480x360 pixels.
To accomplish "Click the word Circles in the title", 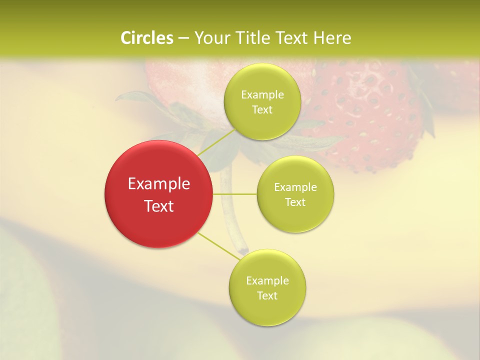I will [x=147, y=38].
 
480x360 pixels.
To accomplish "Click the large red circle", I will [x=159, y=194].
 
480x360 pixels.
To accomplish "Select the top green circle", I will [x=262, y=101].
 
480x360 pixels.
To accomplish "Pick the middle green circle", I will [x=295, y=194].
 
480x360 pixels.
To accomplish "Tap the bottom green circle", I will [x=267, y=287].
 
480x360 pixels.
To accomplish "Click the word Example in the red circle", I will [x=159, y=184].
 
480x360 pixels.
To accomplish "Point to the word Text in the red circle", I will [x=159, y=206].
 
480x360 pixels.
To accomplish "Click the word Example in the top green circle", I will [x=262, y=95].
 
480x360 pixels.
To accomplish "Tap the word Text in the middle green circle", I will [x=295, y=202].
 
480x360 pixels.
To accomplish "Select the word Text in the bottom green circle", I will [x=267, y=295].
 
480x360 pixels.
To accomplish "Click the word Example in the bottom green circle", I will [x=267, y=280].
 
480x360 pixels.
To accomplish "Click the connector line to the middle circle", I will [x=235, y=194].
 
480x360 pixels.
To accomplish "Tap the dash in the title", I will [x=183, y=38].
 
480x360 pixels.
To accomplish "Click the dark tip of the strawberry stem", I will [x=243, y=249].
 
